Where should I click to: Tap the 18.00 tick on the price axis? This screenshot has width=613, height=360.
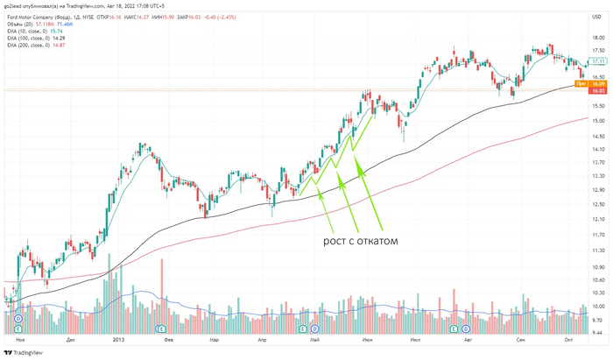coord(599,38)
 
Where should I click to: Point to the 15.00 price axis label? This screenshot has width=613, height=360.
coord(599,121)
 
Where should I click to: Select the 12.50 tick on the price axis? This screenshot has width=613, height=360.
coord(599,204)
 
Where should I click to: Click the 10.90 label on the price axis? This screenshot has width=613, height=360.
coord(599,267)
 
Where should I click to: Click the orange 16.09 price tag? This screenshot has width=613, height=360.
coord(599,83)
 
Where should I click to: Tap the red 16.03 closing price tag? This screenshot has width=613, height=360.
coord(599,90)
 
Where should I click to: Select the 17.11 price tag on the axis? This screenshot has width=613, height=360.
coord(599,62)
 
